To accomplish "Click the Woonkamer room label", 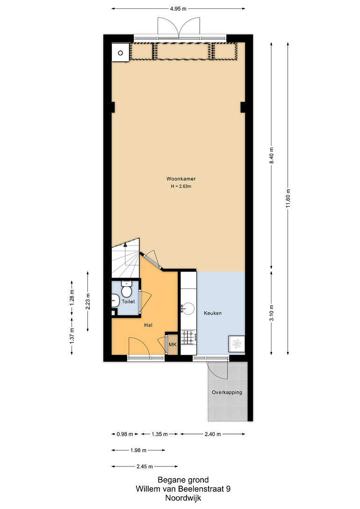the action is coord(181,179).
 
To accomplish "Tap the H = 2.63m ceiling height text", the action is coord(181,186).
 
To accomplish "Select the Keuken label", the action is coord(213,313).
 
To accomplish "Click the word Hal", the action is coord(148,325).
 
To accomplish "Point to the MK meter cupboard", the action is coord(173,344).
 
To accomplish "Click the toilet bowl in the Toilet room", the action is coord(126,290).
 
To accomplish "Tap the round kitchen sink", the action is coord(188,308).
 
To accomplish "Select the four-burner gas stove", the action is coord(188,337).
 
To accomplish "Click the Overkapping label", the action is coord(227,392).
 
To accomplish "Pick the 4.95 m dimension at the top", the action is coord(178,9).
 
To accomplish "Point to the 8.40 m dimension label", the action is coord(271,156).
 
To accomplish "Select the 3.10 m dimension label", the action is coord(271,313).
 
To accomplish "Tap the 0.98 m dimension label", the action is coord(125,434).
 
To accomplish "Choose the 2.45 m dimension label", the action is coord(144,466).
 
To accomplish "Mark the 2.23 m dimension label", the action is coord(88,301).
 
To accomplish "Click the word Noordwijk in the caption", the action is coord(183,498).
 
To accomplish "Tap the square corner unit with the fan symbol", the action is coord(237,344).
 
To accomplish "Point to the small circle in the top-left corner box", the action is coord(121,53).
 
